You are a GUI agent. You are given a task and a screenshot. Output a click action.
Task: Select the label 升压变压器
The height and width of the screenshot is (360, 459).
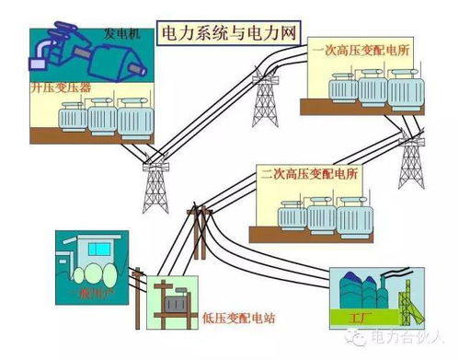click(60, 89)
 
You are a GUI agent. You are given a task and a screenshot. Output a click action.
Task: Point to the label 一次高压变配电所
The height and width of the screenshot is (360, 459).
click(364, 49)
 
